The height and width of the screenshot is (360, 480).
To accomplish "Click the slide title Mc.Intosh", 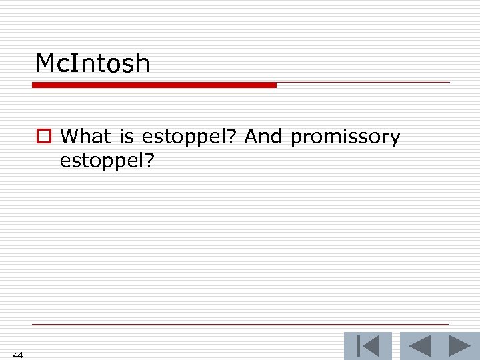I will [x=93, y=64].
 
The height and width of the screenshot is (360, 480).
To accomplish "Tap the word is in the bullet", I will [x=127, y=137].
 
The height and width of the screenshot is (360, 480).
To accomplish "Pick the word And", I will [x=265, y=137].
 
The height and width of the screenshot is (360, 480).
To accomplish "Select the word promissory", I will [x=345, y=137].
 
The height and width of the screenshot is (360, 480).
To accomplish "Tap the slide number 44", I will [x=18, y=355].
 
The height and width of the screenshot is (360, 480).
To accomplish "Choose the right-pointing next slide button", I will [x=459, y=346].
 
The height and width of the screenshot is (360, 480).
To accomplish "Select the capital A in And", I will [x=251, y=137].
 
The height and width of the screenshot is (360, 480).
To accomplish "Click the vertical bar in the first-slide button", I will [x=359, y=346].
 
